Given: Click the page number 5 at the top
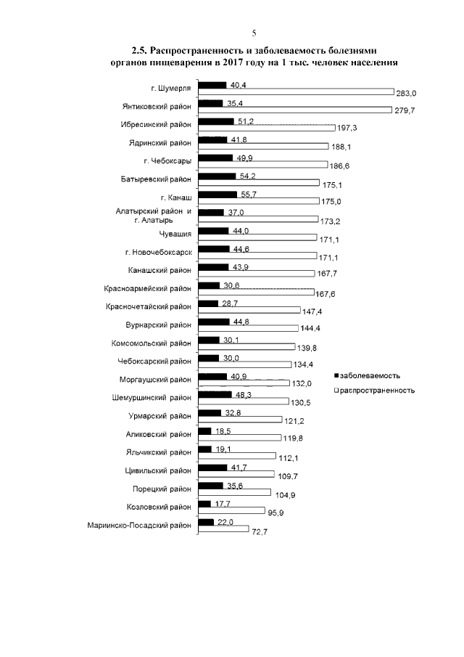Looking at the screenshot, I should [x=254, y=33].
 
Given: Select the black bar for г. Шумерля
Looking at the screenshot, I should [x=212, y=86].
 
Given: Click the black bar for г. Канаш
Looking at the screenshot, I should [x=217, y=195].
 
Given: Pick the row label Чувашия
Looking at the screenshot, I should [x=175, y=234].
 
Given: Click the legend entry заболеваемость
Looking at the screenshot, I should [x=370, y=375].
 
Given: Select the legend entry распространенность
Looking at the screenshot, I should [x=377, y=390].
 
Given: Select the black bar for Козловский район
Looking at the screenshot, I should [x=204, y=505].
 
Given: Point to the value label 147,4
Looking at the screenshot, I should [x=311, y=311].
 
